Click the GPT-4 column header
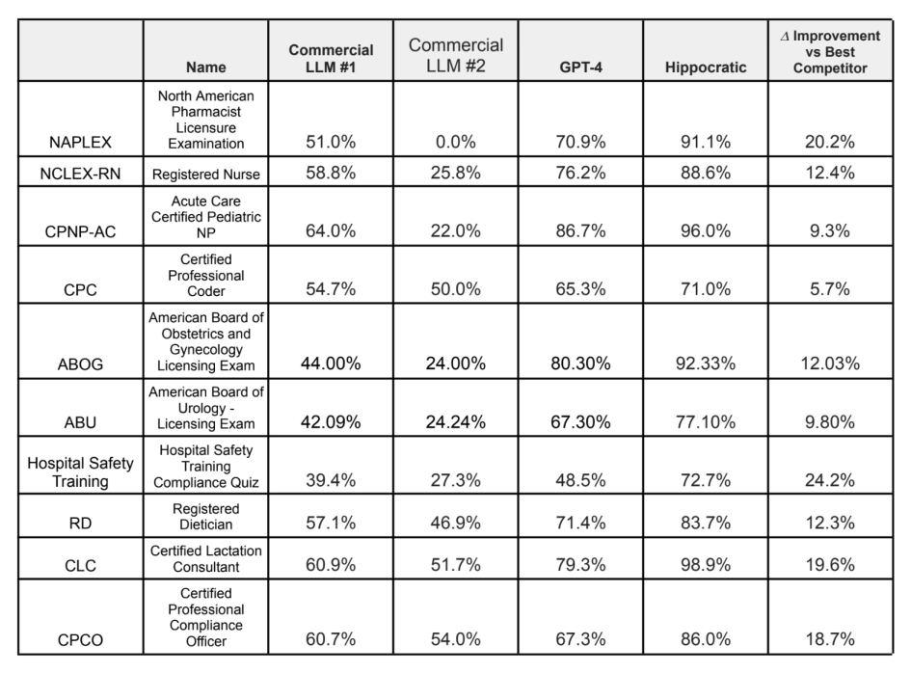tap(580, 67)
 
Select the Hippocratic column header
tap(706, 67)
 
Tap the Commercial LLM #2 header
tap(455, 55)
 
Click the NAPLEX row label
tap(80, 143)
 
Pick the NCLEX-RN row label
tap(80, 174)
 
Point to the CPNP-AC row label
tap(80, 232)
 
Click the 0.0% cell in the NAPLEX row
tap(455, 142)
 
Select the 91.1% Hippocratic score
tap(706, 142)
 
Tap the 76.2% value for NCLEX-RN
tap(580, 173)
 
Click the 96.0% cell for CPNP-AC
tap(706, 230)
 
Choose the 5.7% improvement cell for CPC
tap(830, 289)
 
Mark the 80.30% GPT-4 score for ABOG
tap(580, 363)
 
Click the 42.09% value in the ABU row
tap(331, 421)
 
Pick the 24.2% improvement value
tap(830, 480)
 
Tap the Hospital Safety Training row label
tap(80, 471)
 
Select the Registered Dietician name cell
tap(205, 516)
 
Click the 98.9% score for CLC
tap(706, 564)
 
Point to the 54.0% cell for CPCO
tap(455, 639)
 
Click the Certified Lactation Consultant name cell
tap(205, 558)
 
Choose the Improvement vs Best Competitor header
tap(830, 52)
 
